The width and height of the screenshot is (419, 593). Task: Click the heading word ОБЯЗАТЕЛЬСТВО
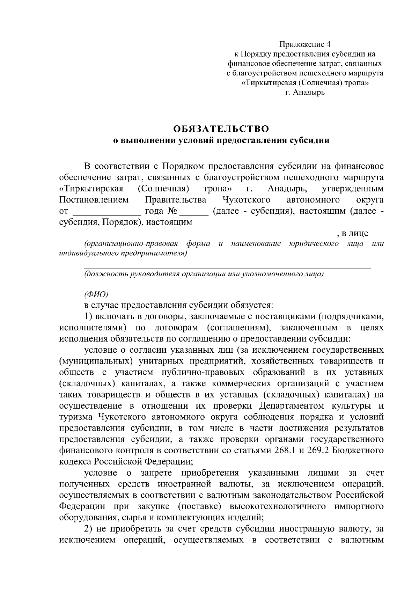222,129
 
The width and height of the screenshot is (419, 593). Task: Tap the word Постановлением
94,200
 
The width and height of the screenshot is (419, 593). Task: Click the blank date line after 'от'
106,212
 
